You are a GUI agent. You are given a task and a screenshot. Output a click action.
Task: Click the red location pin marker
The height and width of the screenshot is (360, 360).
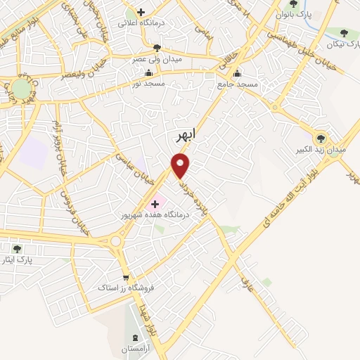[x=181, y=165]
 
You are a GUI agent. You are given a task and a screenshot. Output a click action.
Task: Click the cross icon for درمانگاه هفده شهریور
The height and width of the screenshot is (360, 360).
[x=155, y=203]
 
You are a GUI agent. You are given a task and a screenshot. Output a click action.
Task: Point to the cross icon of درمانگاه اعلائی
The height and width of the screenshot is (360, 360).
[x=141, y=13]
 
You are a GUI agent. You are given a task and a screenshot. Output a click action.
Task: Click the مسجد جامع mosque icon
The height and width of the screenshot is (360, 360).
[x=237, y=73]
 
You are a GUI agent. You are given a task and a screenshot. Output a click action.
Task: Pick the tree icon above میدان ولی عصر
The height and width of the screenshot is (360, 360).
[x=156, y=48]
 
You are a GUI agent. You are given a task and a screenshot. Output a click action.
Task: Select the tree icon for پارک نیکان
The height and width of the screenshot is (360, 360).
[x=343, y=33]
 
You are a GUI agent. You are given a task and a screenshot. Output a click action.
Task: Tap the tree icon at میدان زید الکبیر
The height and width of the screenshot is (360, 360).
[x=321, y=138]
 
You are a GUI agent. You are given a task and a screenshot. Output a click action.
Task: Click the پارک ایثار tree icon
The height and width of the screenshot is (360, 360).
[x=17, y=247]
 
